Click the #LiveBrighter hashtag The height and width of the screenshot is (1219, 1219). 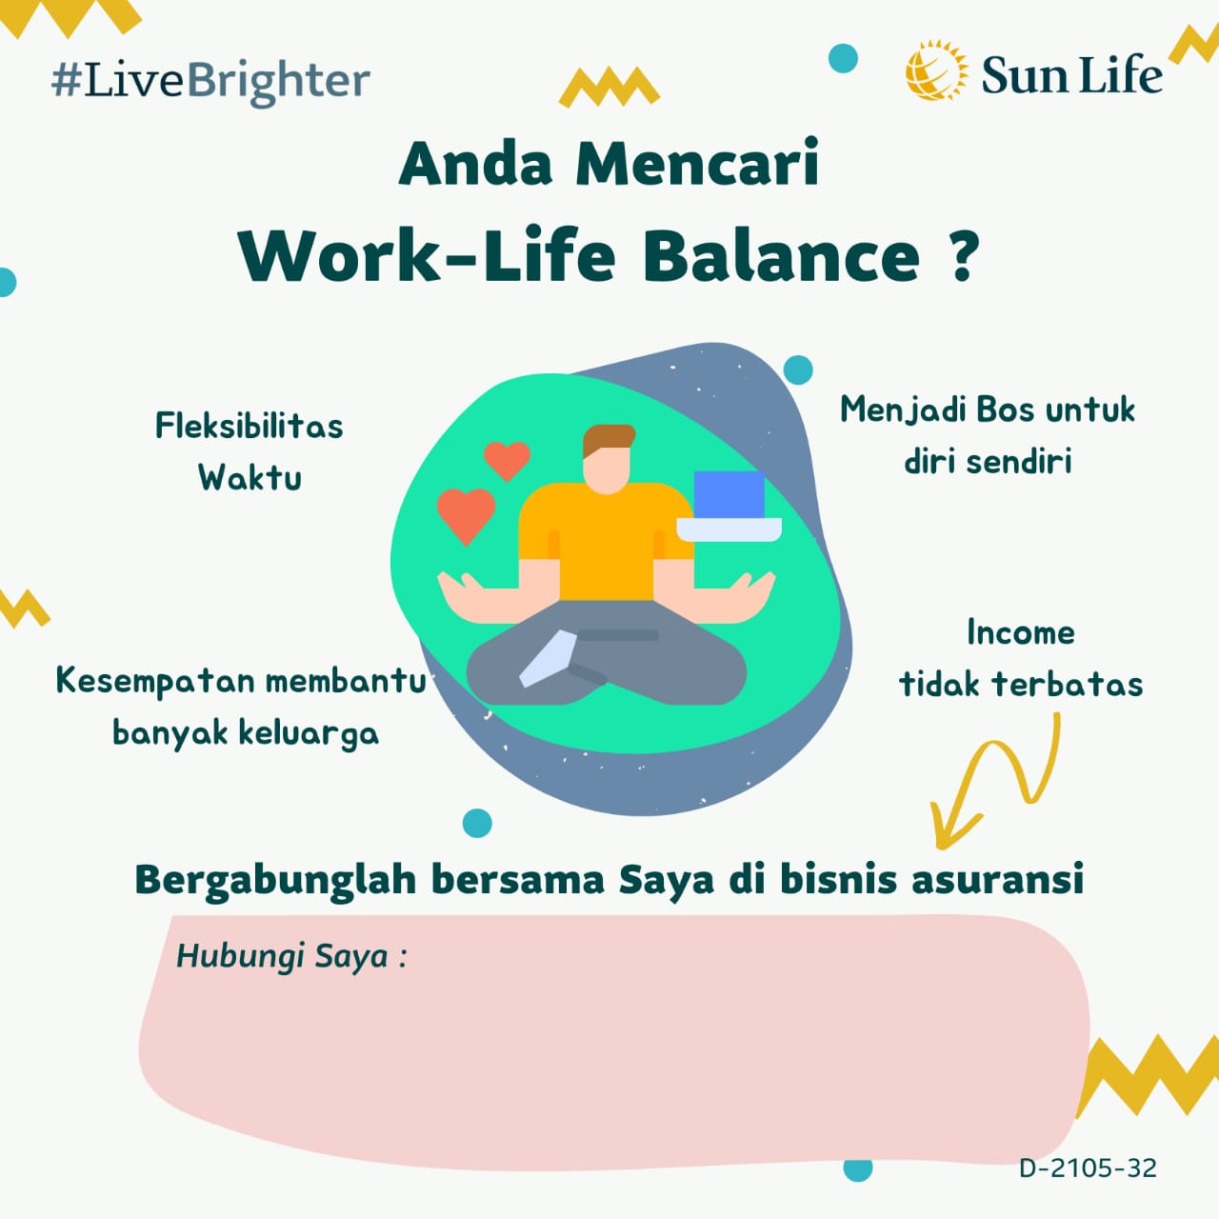coord(210,82)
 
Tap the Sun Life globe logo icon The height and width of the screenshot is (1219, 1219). coord(936,70)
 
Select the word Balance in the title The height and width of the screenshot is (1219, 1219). coord(781,255)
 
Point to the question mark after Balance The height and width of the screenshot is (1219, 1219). coord(962,255)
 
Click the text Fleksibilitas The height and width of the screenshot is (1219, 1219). coord(250,426)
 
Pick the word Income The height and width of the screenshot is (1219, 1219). coord(1020,632)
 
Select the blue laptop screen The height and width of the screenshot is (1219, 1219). coord(729,494)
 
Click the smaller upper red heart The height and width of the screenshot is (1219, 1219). coord(507,460)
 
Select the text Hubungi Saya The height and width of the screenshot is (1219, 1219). coord(282,956)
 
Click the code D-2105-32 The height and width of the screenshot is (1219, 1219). coord(1088,1168)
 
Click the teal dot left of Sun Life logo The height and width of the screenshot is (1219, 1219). coord(843,58)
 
